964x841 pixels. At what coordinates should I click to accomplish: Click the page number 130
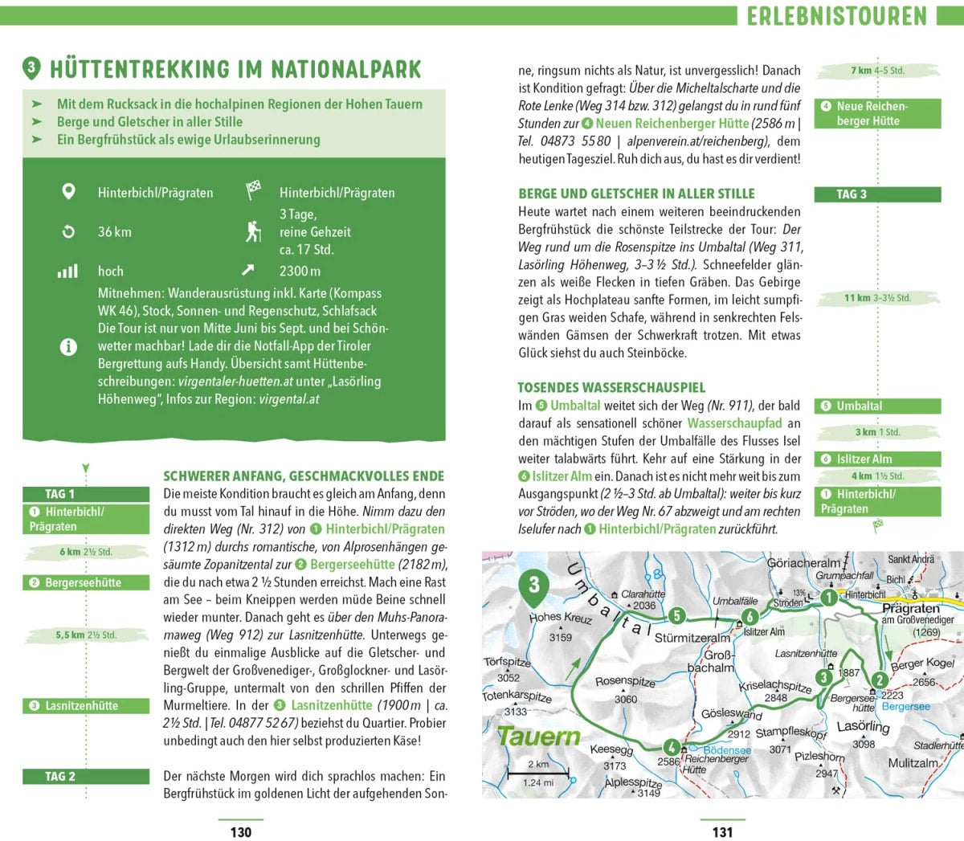point(241,832)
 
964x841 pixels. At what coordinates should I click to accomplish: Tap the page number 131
point(722,832)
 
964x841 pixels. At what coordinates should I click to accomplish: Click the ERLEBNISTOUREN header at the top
point(836,15)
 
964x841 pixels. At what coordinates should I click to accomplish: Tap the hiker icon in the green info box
point(253,231)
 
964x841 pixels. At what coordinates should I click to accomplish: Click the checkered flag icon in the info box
point(253,191)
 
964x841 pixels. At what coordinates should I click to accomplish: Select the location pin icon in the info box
point(68,192)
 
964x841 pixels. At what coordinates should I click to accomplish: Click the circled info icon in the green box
point(68,346)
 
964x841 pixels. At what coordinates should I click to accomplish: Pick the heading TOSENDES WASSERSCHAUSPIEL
point(611,387)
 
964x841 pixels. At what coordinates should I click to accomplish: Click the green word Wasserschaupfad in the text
point(734,423)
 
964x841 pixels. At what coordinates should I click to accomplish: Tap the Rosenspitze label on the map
point(625,681)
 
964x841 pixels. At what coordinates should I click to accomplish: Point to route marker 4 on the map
point(671,748)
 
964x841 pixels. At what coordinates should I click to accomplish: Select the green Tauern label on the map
point(538,736)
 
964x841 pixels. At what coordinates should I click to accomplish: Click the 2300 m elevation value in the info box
point(300,271)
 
